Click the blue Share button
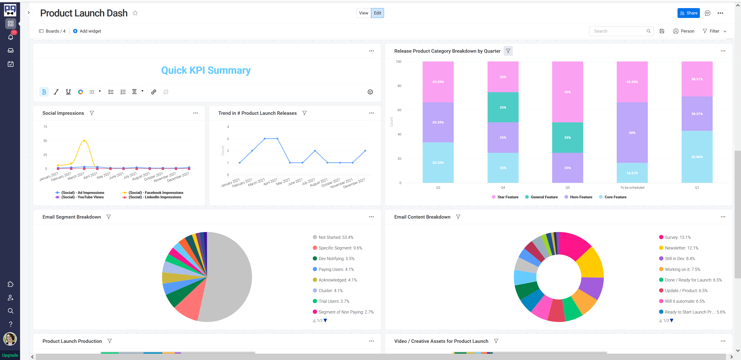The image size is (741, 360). (x=688, y=13)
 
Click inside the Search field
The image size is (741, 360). (x=618, y=31)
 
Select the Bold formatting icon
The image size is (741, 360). (x=44, y=92)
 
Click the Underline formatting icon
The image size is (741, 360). (x=68, y=92)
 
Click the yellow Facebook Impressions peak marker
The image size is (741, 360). (x=84, y=141)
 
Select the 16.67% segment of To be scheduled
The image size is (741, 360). (x=632, y=173)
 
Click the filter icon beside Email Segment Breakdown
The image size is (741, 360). (x=109, y=217)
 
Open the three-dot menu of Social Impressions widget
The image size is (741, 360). (x=195, y=113)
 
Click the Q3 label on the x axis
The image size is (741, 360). (x=567, y=188)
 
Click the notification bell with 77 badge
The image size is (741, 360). (x=11, y=37)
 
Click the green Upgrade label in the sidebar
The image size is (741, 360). (x=10, y=355)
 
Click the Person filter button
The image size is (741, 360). (x=683, y=31)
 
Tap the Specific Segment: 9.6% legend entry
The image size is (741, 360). (x=340, y=248)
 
